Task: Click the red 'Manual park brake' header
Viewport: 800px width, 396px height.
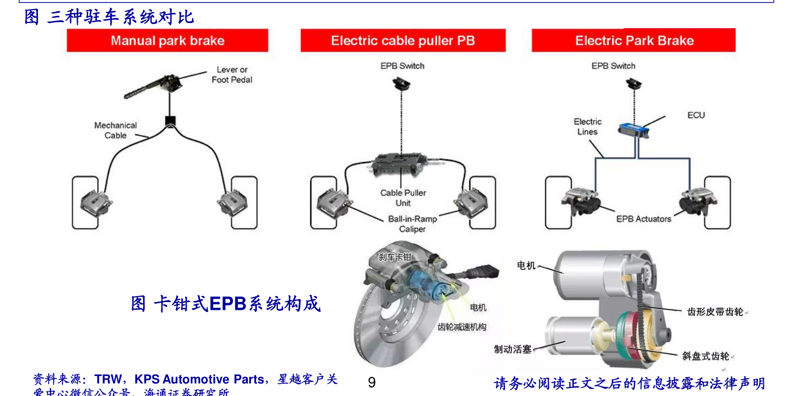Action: [167, 41]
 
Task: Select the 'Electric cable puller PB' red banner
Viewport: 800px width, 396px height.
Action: [403, 41]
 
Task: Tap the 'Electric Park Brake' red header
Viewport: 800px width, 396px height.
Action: [634, 41]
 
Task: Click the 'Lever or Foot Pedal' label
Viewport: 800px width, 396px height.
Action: [232, 75]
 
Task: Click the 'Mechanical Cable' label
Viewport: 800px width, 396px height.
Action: [115, 130]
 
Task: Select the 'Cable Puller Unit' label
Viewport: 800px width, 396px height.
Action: [403, 198]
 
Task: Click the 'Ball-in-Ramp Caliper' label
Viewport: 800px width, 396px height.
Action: [412, 224]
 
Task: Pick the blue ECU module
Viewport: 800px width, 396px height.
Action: [633, 128]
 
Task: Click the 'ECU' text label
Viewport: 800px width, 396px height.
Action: [696, 115]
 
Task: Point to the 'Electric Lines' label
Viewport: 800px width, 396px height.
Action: [587, 127]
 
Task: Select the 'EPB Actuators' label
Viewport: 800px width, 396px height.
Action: [644, 219]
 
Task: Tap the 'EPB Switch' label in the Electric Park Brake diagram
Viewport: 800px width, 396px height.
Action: [613, 66]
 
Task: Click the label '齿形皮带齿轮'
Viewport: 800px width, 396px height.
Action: [715, 311]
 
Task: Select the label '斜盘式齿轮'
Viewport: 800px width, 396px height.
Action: [706, 356]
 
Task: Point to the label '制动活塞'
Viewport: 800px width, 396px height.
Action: [512, 349]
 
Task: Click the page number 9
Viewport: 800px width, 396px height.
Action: [372, 383]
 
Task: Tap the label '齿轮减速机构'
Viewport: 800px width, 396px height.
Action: [462, 327]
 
